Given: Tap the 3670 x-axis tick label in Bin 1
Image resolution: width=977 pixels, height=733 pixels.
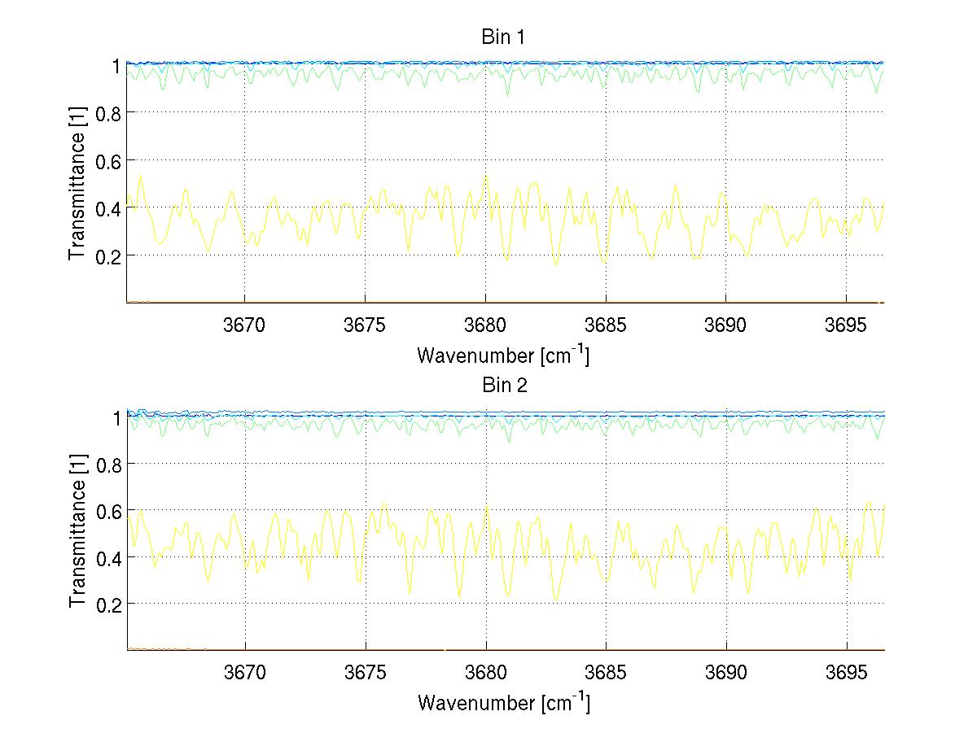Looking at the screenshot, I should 244,325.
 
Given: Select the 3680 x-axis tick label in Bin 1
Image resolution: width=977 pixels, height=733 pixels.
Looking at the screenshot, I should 485,325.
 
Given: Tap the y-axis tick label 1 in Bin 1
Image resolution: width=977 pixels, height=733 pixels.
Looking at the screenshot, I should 116,65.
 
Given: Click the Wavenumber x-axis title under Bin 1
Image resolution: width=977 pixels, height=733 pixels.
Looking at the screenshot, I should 503,355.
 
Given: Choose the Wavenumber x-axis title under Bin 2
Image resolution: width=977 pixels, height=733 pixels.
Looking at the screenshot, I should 503,702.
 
